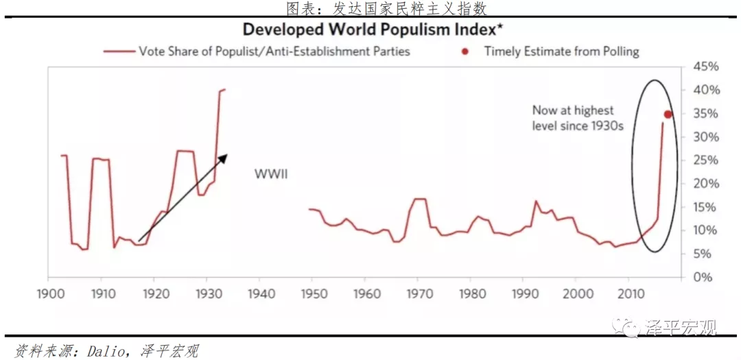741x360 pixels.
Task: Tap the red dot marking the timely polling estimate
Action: tap(668, 115)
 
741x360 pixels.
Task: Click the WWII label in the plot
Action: tap(271, 174)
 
